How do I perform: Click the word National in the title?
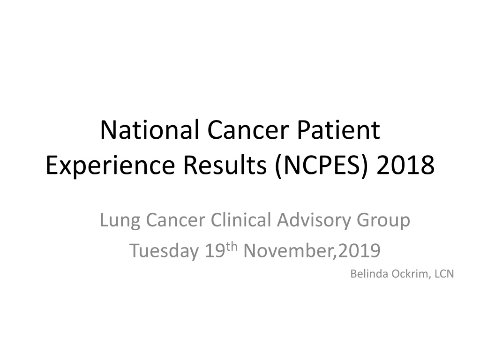click(x=150, y=130)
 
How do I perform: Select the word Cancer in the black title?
click(x=248, y=130)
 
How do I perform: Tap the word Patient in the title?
click(x=338, y=130)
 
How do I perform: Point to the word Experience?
click(x=110, y=165)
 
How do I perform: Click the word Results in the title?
click(x=225, y=165)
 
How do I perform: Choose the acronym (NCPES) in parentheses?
click(x=321, y=166)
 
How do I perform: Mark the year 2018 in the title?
click(x=405, y=165)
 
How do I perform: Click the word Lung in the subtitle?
click(x=120, y=221)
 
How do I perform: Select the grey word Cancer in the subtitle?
click(x=175, y=220)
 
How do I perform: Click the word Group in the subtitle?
click(x=383, y=221)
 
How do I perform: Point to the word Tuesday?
click(x=164, y=251)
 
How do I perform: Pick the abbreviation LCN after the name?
click(x=444, y=274)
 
